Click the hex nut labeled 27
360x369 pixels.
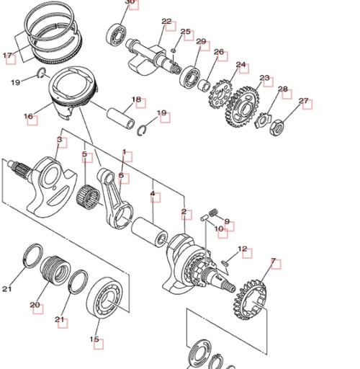tap(277, 127)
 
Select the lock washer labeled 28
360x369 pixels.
tap(263, 120)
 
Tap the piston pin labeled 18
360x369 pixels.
tap(121, 118)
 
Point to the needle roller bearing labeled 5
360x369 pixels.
tap(88, 197)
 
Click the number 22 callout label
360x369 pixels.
tap(166, 22)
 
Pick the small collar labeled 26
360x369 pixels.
tap(204, 85)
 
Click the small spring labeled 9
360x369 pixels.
tap(213, 212)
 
